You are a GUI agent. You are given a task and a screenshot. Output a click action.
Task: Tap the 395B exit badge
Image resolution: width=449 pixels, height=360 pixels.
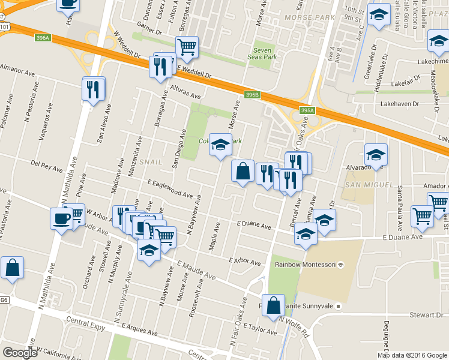[253, 95]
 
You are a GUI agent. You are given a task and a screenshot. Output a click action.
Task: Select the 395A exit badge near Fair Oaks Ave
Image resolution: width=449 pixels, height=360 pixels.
[307, 110]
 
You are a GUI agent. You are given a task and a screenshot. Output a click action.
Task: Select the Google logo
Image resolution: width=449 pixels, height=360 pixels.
[20, 353]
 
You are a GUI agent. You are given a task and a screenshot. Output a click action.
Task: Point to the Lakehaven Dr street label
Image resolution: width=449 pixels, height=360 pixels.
[402, 103]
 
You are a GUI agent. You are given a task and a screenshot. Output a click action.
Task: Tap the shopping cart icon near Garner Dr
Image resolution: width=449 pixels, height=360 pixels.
[187, 47]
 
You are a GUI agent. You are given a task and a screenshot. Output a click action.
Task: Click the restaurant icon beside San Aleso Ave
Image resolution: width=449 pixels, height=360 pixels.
[94, 89]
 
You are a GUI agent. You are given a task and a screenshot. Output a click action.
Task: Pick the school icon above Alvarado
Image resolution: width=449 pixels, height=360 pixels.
[376, 155]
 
